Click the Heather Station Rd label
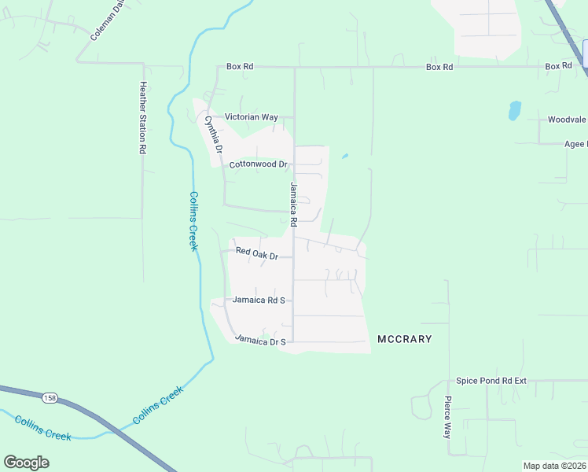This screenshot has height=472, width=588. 143,118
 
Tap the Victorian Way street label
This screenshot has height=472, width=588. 252,116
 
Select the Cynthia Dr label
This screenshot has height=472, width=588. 214,135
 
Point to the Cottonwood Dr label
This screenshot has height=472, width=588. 259,165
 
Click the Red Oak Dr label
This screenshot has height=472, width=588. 257,256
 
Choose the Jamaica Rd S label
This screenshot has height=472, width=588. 258,301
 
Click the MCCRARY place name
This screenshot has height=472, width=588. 405,339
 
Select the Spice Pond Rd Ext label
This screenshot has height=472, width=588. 491,381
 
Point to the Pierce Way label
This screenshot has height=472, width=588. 447,417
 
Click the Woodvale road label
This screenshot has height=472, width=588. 567,120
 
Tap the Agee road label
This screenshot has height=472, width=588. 575,145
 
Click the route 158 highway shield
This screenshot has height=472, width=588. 50,397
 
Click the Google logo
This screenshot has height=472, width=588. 26,463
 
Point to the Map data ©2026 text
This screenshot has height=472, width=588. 555,466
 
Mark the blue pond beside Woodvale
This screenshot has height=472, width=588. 514,109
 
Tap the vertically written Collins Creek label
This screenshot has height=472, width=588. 193,222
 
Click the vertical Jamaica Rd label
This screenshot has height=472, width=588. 293,203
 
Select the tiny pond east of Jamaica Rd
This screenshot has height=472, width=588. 344,156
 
